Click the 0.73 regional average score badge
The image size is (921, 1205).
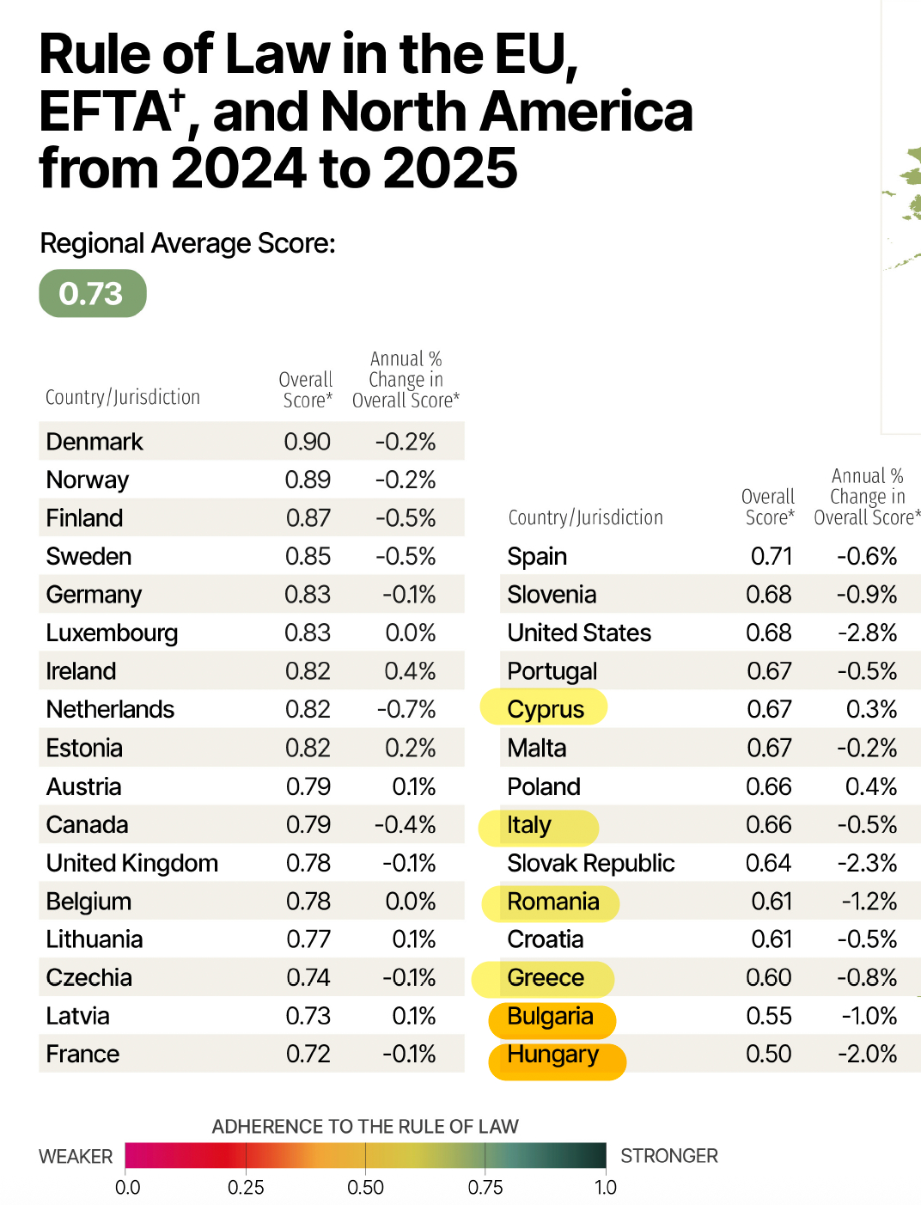92,293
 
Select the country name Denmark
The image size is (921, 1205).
95,442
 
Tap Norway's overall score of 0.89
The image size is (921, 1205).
308,480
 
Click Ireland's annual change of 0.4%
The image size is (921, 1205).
410,671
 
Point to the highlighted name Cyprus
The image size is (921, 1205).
545,709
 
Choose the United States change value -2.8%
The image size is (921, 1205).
867,633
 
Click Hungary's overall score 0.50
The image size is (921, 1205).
768,1054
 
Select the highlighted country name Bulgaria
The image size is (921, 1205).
550,1016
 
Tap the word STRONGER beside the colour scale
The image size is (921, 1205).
668,1156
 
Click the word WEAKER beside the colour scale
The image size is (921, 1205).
76,1157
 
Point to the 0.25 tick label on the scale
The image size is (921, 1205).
246,1188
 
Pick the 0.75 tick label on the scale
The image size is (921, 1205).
485,1188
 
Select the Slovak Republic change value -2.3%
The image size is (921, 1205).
867,863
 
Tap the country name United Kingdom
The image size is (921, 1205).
131,863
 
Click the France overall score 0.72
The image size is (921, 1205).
308,1054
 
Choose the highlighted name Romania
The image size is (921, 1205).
552,902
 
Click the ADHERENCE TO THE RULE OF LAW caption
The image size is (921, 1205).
365,1127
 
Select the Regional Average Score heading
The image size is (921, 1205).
187,244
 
